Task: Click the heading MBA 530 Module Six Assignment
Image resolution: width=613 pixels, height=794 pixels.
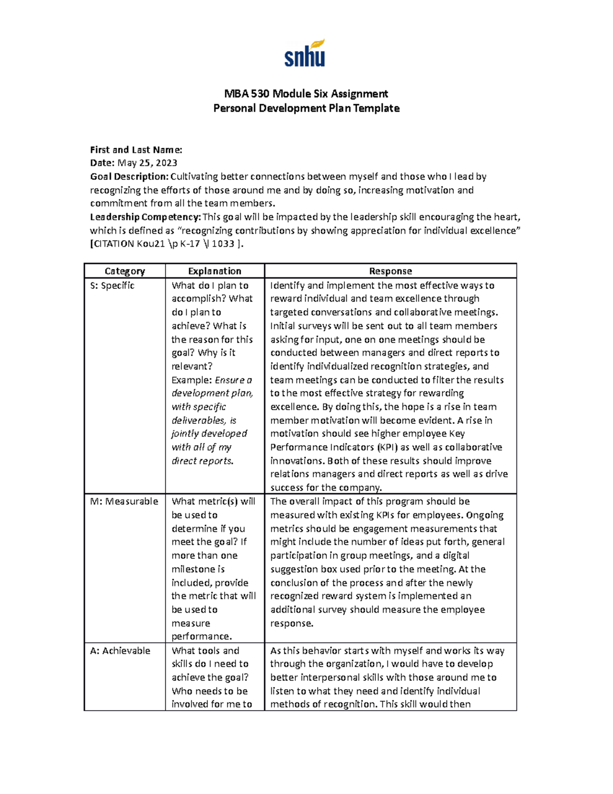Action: pyautogui.click(x=306, y=94)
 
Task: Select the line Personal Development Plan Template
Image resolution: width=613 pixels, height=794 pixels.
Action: pyautogui.click(x=306, y=108)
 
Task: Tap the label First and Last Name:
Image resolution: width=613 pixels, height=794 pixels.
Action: pyautogui.click(x=136, y=150)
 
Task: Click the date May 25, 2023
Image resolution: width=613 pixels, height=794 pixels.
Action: pyautogui.click(x=147, y=163)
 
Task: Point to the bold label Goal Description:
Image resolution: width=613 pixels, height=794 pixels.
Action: pyautogui.click(x=129, y=177)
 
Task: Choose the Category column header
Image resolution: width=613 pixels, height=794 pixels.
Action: pyautogui.click(x=125, y=271)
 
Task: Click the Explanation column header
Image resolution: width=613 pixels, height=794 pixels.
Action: pyautogui.click(x=215, y=271)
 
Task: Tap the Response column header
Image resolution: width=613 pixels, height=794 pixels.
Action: pyautogui.click(x=390, y=271)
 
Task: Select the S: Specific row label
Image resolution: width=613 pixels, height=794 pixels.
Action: pyautogui.click(x=112, y=286)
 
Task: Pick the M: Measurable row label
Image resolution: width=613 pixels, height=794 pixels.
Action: pyautogui.click(x=124, y=502)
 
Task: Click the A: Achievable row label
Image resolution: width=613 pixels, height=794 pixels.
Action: pyautogui.click(x=120, y=651)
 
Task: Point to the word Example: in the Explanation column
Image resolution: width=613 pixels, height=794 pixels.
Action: pyautogui.click(x=192, y=380)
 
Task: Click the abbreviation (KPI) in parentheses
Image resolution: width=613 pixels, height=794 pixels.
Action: pyautogui.click(x=388, y=447)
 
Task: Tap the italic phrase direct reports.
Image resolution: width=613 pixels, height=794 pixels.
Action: pyautogui.click(x=202, y=461)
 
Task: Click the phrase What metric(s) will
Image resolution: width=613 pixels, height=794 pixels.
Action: pyautogui.click(x=214, y=502)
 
